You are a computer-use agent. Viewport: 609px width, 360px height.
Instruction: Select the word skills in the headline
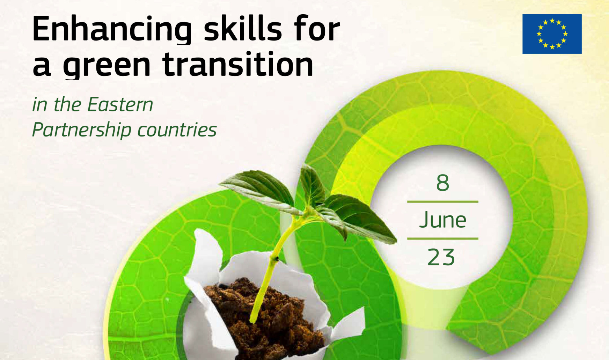tap(242, 28)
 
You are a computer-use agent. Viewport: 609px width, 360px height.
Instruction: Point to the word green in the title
tap(107, 65)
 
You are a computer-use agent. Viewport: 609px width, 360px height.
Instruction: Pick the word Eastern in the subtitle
tap(120, 104)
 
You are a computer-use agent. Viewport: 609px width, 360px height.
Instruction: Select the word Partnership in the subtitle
tap(81, 130)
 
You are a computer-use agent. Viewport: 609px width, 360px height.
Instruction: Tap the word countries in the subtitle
tap(177, 130)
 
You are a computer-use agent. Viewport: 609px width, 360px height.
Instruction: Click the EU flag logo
tap(552, 34)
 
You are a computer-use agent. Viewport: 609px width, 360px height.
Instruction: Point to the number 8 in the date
tap(442, 183)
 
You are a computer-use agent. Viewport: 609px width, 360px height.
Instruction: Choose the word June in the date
tap(442, 220)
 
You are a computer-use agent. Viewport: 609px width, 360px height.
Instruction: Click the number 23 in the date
tap(441, 257)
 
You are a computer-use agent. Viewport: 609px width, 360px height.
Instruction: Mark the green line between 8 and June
tap(442, 201)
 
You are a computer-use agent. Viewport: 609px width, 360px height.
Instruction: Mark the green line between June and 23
tap(442, 238)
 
